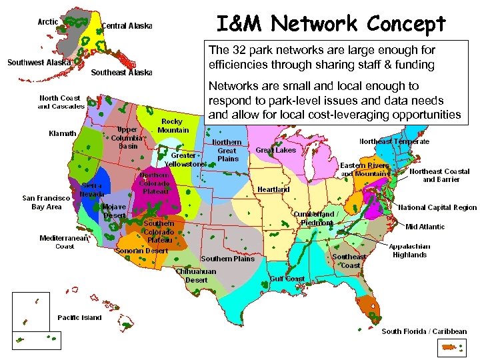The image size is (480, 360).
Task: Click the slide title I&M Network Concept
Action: coord(331,24)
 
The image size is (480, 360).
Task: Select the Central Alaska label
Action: coord(127,27)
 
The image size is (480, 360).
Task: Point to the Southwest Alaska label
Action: coord(39,63)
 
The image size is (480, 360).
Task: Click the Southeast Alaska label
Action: coord(121,73)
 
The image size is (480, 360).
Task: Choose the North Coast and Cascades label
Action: coord(61,102)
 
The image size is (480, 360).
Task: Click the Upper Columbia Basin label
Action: coord(128,137)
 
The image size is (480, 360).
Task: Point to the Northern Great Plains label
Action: coord(227,151)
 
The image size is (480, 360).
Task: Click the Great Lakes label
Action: coord(276,151)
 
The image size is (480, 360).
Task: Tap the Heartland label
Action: coord(274,189)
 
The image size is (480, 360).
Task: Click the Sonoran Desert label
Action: coord(141,251)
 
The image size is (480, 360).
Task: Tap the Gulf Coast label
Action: coord(288,279)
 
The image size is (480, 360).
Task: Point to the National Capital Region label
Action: coord(437,207)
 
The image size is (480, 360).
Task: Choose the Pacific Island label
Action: coord(79,317)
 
